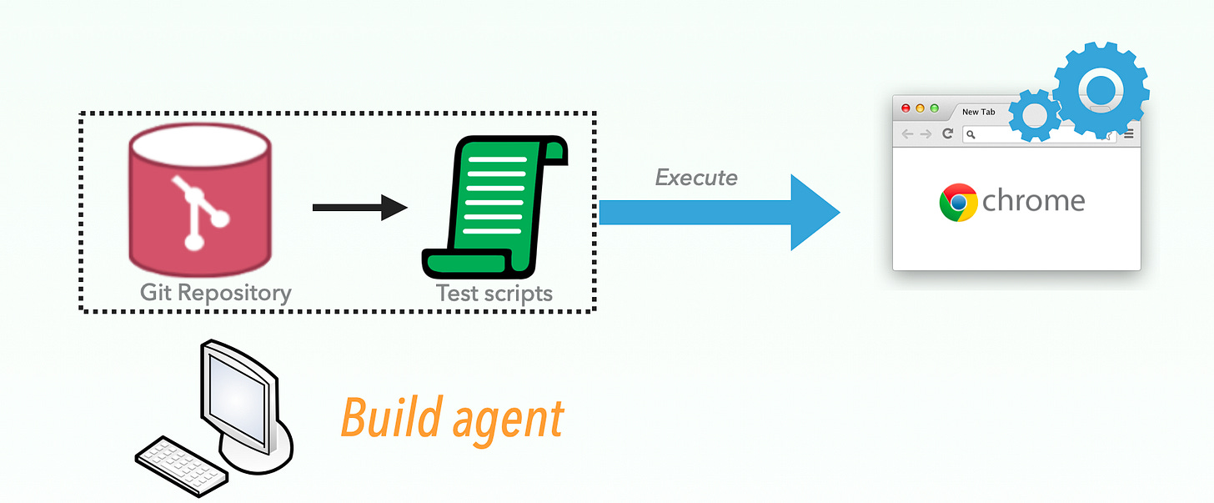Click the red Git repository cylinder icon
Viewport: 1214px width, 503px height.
point(199,204)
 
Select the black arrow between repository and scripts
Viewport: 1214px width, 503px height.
point(359,207)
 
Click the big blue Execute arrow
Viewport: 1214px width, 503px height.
point(717,213)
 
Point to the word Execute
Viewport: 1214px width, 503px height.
point(696,178)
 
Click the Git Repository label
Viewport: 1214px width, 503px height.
point(216,293)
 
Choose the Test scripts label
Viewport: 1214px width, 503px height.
point(494,293)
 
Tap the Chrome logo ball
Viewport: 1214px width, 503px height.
point(958,202)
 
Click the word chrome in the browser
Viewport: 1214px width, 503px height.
point(1034,201)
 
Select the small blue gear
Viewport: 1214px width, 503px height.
point(1034,114)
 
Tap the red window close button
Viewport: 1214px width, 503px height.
point(906,108)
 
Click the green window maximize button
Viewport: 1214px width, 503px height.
point(934,108)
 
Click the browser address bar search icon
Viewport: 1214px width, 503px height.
point(971,134)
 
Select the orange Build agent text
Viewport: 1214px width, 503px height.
point(452,418)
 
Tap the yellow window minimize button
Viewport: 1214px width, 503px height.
point(921,108)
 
